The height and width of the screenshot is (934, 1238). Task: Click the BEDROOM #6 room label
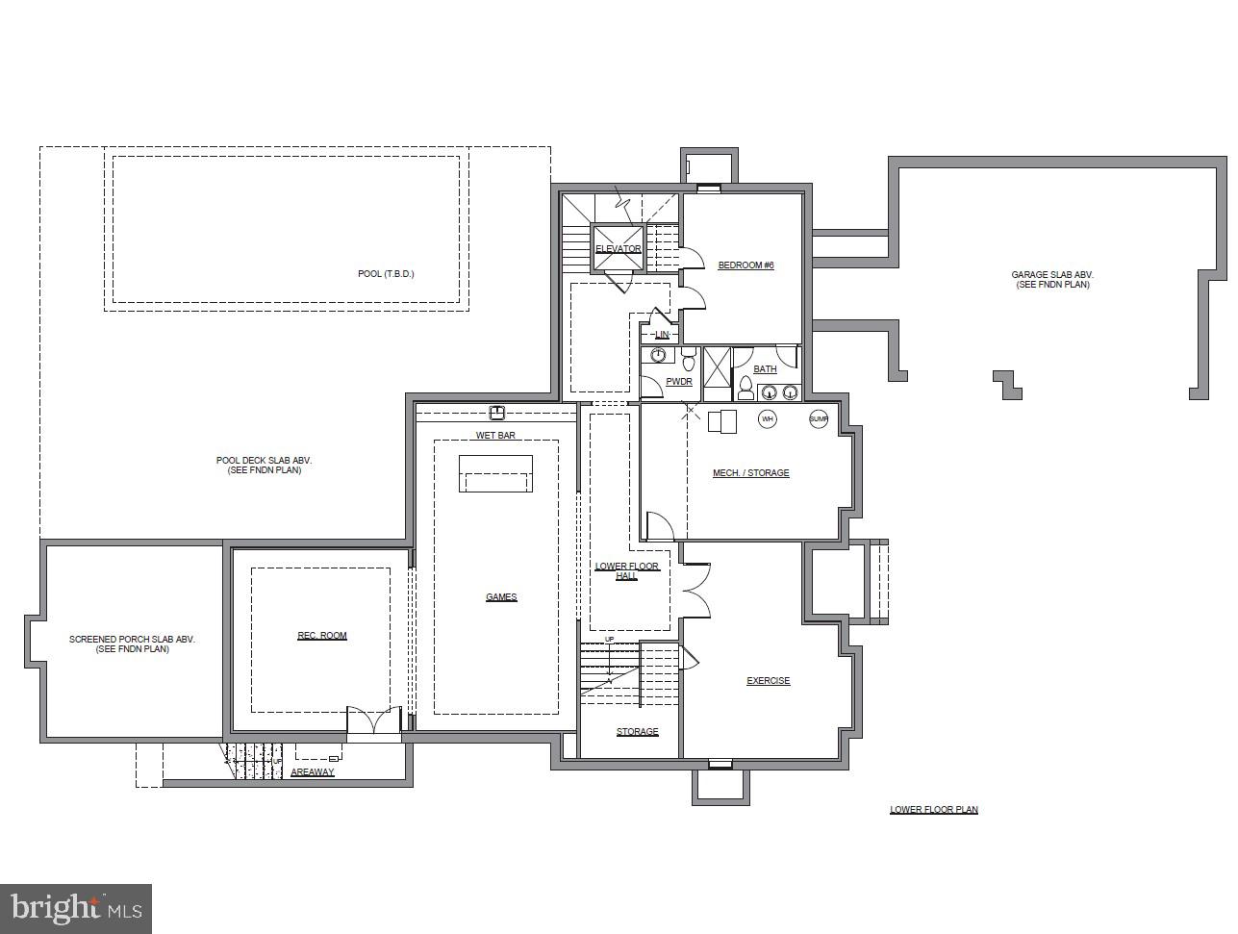(745, 265)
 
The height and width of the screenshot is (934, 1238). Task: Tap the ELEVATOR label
(618, 249)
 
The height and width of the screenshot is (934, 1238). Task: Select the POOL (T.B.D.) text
(386, 274)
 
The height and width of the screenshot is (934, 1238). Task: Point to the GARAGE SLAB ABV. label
(1052, 280)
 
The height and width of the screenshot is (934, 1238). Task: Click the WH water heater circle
(768, 419)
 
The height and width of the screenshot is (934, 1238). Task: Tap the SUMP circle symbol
(818, 419)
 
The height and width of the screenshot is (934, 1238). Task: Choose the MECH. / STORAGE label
(750, 473)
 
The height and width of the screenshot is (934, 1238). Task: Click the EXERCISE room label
(769, 681)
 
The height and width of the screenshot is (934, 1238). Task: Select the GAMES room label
(501, 597)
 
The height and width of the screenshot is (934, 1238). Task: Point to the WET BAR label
(495, 436)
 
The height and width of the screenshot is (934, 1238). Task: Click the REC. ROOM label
(321, 636)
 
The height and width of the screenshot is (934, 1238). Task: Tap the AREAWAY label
(312, 772)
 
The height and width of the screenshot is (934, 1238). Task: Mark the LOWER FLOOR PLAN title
(933, 810)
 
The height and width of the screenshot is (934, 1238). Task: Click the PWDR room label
(679, 382)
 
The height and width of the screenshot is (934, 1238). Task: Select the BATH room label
(765, 369)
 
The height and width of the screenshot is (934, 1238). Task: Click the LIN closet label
(662, 335)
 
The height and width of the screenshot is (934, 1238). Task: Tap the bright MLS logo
(76, 908)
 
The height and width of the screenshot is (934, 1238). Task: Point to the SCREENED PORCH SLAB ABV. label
(132, 644)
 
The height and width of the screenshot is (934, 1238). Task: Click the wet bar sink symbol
(496, 414)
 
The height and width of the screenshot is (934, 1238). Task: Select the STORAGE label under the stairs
(637, 732)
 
